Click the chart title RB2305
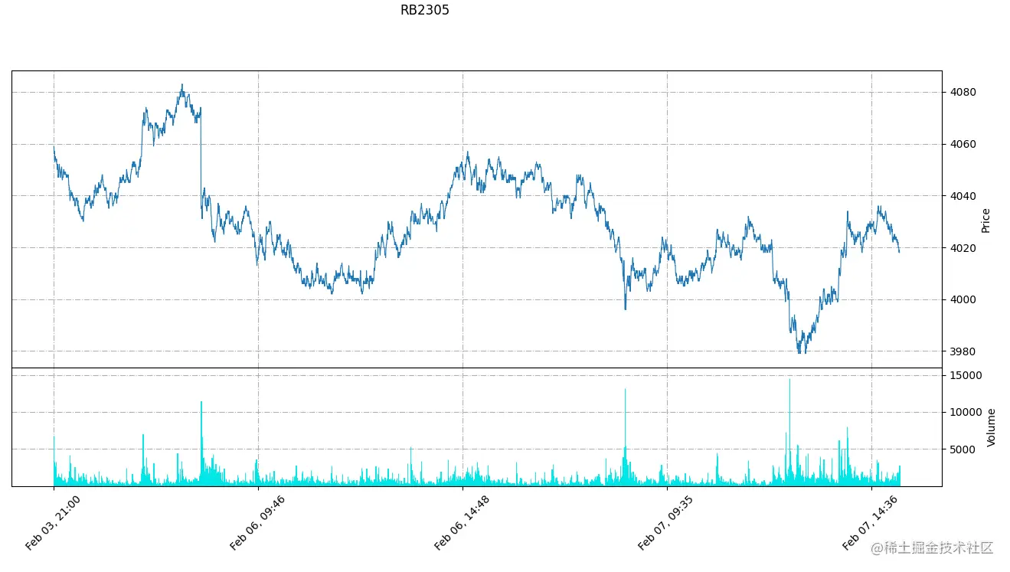[424, 11]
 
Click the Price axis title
[986, 221]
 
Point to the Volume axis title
[992, 427]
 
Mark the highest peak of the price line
[182, 85]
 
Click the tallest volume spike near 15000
[789, 381]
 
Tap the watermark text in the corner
[931, 548]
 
